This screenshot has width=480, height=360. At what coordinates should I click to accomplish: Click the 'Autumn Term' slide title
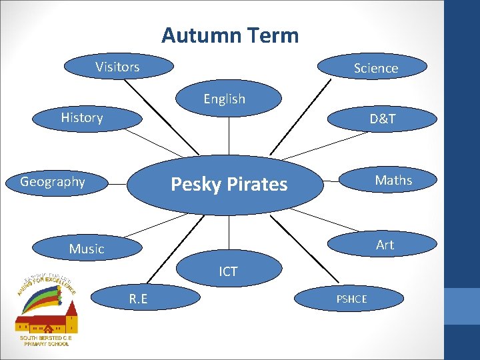coord(230,35)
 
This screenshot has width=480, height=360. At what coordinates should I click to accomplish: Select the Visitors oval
coord(118,67)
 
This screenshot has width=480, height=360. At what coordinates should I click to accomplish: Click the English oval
coord(225,99)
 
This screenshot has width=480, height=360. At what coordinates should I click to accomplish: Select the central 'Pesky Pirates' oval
coord(229,184)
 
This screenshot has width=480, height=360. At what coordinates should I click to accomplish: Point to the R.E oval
coord(138,300)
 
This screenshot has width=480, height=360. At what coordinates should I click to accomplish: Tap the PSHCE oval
coord(351,299)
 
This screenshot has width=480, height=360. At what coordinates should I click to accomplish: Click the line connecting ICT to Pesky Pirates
coord(229,233)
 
